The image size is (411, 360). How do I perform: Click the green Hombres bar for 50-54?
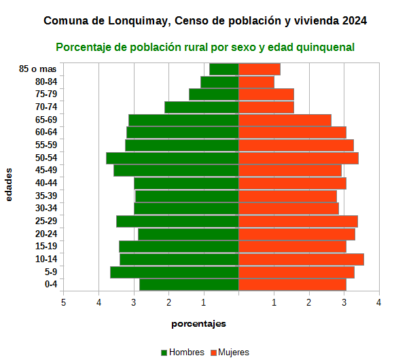pos(173,158)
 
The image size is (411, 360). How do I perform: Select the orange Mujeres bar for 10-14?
pos(301,259)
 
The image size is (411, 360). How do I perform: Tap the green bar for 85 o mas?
pos(224,69)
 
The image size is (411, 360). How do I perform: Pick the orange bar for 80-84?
pos(256,82)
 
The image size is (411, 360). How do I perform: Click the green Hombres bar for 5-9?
pos(175,272)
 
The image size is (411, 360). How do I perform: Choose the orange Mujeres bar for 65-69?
pos(285,120)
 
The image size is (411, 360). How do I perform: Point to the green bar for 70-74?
pos(202,107)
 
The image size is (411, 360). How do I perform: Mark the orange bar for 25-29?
pos(298,221)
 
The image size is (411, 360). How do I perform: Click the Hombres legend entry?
pos(182,352)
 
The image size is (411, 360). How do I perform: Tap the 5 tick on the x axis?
pos(64,302)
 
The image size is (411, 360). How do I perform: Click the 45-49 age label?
pos(47,170)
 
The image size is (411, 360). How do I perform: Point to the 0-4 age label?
pos(51,284)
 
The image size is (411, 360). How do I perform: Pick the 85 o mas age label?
pos(39,69)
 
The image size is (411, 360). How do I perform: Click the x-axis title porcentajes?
pos(198,323)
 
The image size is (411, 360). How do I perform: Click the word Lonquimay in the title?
pos(139,21)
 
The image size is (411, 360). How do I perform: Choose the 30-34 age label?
pos(47,208)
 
